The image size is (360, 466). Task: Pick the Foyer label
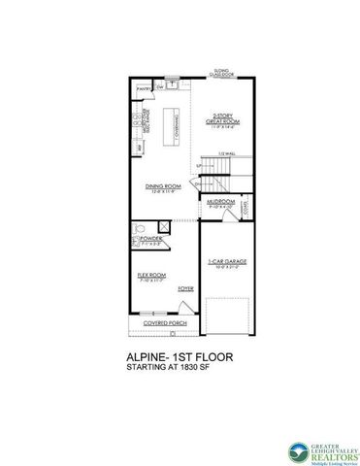[184, 288]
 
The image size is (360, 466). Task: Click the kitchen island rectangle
[178, 120]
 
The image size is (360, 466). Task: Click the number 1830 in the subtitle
[201, 369]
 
